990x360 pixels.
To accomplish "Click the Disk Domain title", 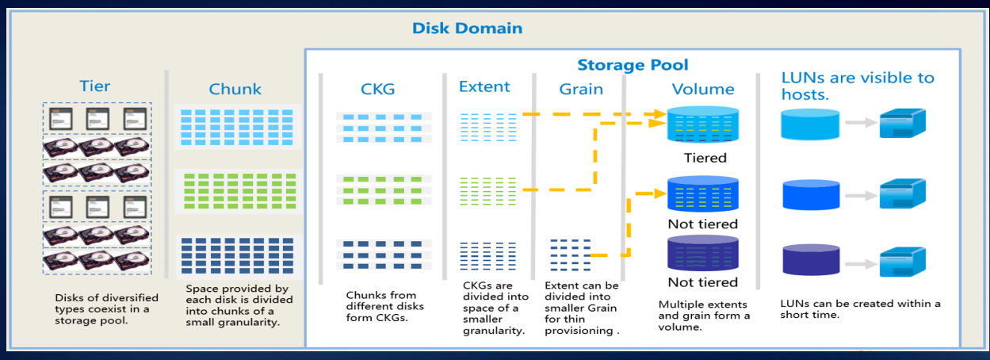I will [467, 29].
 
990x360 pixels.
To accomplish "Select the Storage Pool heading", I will [633, 65].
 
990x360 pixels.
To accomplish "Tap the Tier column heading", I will [94, 86].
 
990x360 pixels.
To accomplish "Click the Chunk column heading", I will [235, 89].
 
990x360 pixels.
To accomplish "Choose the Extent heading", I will [484, 86].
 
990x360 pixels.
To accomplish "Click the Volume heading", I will [703, 90].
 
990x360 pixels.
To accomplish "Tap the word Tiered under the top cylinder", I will [705, 158].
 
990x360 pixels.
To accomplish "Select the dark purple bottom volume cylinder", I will [703, 254].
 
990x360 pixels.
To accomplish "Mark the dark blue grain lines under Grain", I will [569, 255].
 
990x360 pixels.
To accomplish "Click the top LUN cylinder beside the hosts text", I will [809, 125].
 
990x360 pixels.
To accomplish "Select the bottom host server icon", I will [902, 262].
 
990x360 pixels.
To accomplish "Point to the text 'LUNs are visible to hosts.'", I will [858, 85].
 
